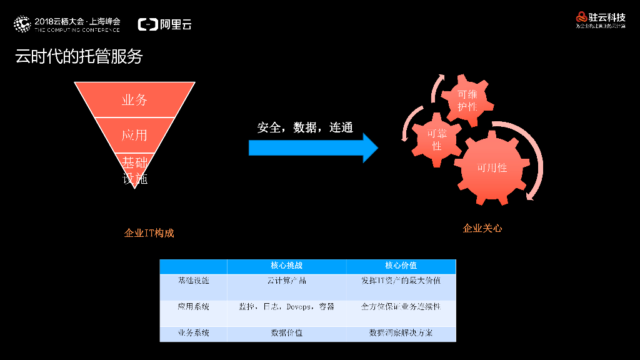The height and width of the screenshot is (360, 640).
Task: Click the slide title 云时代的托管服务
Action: click(79, 57)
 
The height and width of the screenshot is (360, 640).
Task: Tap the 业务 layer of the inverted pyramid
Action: click(134, 100)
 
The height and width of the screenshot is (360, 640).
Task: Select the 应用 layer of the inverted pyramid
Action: click(134, 135)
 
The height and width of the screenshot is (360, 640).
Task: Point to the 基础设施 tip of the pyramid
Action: click(134, 171)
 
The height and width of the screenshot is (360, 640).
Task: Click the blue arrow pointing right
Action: click(312, 148)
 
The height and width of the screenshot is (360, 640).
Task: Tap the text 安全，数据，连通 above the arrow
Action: click(305, 127)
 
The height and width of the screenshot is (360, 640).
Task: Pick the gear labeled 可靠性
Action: click(437, 139)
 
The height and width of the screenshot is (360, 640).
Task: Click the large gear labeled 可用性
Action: click(492, 167)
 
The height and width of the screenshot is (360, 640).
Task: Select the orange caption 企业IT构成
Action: click(149, 233)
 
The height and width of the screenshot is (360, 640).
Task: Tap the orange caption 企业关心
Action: click(482, 228)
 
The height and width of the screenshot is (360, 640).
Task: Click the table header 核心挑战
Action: click(286, 266)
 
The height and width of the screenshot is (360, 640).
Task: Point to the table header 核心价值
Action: click(401, 266)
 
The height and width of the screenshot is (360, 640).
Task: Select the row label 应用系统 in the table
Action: click(193, 307)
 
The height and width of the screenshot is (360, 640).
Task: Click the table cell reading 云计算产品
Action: click(286, 281)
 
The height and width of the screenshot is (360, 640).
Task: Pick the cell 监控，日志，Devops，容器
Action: click(286, 307)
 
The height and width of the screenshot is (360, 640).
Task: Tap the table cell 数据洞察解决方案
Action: click(401, 333)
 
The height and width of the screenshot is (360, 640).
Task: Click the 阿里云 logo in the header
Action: click(165, 25)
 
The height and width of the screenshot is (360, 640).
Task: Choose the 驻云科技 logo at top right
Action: click(600, 19)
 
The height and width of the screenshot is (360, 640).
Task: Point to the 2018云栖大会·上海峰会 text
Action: click(77, 21)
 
